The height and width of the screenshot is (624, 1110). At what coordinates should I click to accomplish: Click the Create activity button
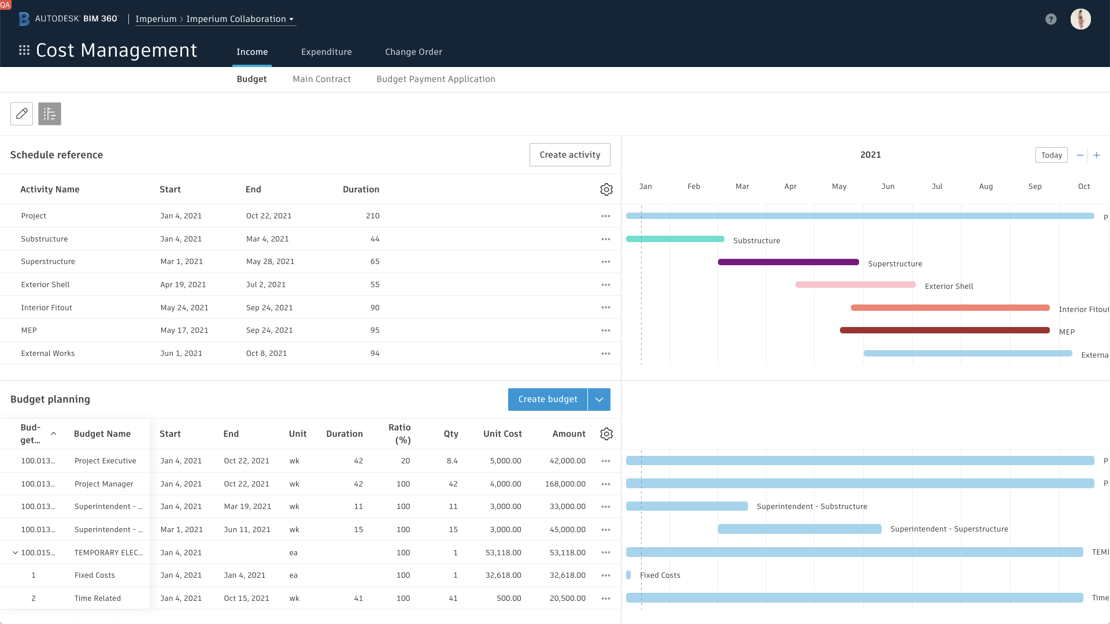[569, 155]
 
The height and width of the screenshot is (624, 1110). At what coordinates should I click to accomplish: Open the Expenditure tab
[326, 52]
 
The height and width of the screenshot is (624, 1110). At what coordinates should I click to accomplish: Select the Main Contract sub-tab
[321, 79]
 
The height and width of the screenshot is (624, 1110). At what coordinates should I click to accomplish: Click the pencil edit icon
[21, 114]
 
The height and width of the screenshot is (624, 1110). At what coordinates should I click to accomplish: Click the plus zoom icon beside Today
[1096, 155]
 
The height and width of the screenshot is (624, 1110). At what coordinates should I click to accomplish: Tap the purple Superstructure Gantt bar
[788, 262]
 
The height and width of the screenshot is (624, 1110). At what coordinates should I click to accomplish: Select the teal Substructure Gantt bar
[675, 239]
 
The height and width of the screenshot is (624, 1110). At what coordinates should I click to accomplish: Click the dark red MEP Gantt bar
[944, 330]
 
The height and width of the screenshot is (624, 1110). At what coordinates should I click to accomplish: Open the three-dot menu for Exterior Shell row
[605, 285]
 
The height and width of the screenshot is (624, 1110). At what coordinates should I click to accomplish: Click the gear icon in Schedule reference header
[606, 190]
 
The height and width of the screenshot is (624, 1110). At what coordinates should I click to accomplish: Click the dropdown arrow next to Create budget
[599, 400]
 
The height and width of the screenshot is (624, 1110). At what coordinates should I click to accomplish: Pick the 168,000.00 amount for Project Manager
[565, 484]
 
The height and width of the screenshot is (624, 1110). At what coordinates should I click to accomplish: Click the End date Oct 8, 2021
[266, 354]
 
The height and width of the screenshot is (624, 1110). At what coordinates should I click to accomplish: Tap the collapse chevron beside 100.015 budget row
[15, 553]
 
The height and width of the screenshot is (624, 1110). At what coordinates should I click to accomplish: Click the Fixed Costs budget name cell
[95, 575]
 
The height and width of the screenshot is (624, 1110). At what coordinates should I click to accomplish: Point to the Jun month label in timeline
[888, 187]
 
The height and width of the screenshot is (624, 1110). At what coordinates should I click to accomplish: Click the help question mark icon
[1050, 19]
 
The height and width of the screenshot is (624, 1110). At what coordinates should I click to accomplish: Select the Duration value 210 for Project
[372, 216]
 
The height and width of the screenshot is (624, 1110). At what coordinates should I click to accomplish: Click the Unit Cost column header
[502, 434]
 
